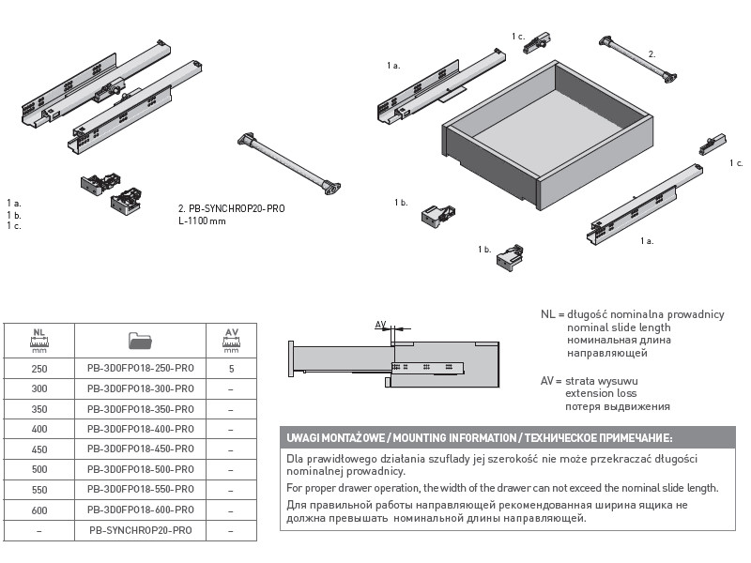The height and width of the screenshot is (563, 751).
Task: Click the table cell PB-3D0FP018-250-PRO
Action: pyautogui.click(x=140, y=368)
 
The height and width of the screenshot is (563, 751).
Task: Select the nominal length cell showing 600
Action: pyautogui.click(x=38, y=510)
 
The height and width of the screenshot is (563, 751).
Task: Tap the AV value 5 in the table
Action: pyautogui.click(x=231, y=368)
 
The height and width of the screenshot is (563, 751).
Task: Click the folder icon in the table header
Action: pyautogui.click(x=140, y=338)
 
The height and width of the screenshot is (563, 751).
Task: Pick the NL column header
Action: pyautogui.click(x=38, y=338)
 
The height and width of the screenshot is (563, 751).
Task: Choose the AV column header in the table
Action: pyautogui.click(x=231, y=338)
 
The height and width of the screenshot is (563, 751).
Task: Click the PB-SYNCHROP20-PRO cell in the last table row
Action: pyautogui.click(x=140, y=530)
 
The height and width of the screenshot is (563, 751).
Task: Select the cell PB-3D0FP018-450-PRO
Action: pyautogui.click(x=140, y=449)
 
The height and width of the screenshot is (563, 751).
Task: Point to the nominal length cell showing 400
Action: pyautogui.click(x=38, y=429)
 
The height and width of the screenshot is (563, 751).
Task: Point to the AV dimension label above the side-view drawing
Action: pyautogui.click(x=381, y=325)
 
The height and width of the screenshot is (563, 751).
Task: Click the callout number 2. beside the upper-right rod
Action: pyautogui.click(x=651, y=54)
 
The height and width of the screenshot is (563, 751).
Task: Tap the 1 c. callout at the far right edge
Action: pyautogui.click(x=735, y=163)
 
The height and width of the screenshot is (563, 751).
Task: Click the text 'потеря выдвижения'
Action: pyautogui.click(x=617, y=406)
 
